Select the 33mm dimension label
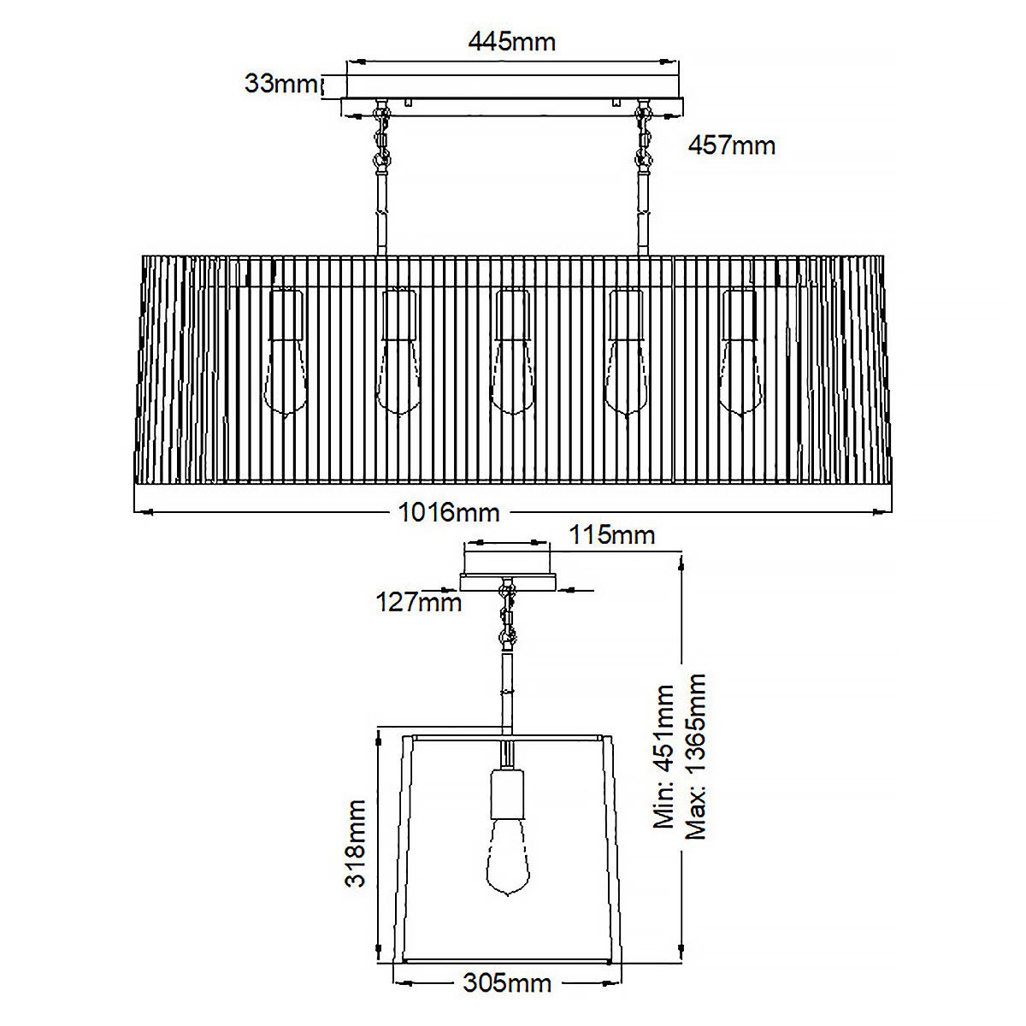pos(280,84)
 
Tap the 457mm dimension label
pos(732,145)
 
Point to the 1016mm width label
pos(449,512)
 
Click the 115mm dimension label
pos(612,535)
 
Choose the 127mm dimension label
pos(419,603)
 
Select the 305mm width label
pos(507,983)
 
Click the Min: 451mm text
pos(664,756)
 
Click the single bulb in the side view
pos(508,855)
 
